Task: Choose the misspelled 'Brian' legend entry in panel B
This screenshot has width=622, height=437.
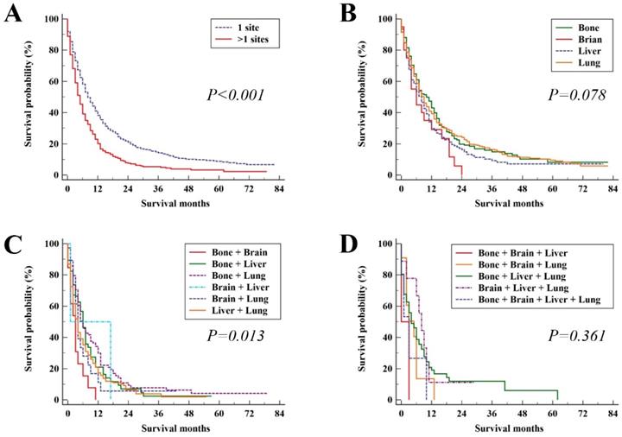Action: tap(579, 38)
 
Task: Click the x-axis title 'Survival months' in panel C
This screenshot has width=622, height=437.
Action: tap(173, 427)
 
